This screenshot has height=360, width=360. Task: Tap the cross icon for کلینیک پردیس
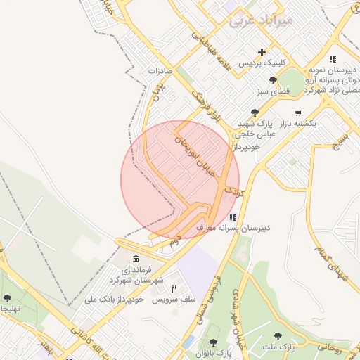click(x=262, y=51)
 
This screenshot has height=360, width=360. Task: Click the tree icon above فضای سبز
click(x=273, y=80)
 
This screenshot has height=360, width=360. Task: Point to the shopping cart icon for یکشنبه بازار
click(x=298, y=112)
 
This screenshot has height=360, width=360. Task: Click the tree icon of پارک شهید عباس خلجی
click(x=254, y=112)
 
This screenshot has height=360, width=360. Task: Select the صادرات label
click(x=161, y=72)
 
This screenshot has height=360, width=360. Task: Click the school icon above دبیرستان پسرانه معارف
click(x=232, y=217)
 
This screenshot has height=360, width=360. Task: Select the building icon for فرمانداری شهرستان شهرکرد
click(x=135, y=259)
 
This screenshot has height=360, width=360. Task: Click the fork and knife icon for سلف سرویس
click(x=174, y=288)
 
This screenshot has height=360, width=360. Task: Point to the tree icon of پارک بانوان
click(x=213, y=342)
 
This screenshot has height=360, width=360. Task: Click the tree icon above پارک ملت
click(x=278, y=336)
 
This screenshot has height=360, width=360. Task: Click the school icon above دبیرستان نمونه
click(x=333, y=60)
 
